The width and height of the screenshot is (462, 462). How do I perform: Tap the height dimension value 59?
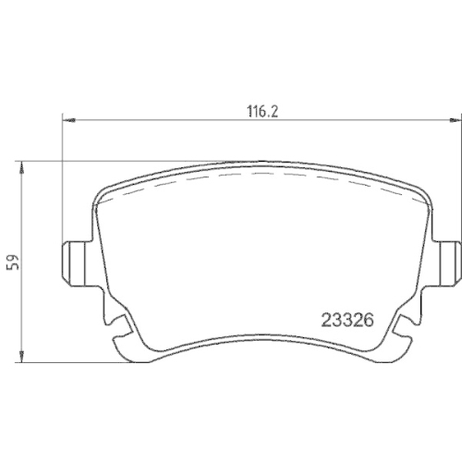12,261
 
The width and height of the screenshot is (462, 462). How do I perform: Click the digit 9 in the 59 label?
12,257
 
